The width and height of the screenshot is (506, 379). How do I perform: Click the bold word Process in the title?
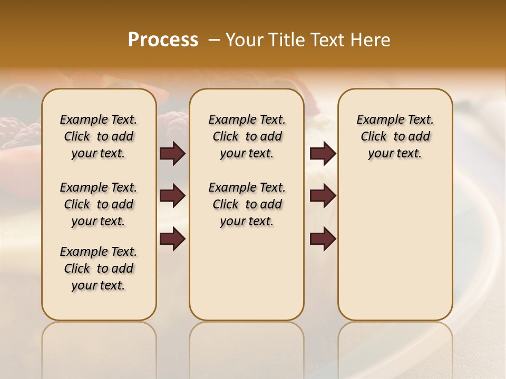click(x=163, y=40)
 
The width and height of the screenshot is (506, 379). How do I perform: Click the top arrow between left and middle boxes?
click(x=172, y=154)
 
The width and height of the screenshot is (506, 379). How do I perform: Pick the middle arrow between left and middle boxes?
click(x=172, y=196)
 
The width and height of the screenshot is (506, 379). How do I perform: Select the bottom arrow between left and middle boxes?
click(x=172, y=239)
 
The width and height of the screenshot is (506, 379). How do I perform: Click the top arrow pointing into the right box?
click(x=323, y=154)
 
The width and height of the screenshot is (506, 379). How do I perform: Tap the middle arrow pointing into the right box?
click(x=323, y=196)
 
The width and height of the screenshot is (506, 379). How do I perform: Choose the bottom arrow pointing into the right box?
click(x=323, y=239)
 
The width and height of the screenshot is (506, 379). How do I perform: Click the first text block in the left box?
click(x=99, y=136)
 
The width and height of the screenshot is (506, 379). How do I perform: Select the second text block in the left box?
click(x=99, y=204)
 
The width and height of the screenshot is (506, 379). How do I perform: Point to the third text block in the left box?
click(x=99, y=268)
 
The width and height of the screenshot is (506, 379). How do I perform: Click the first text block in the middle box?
click(x=247, y=136)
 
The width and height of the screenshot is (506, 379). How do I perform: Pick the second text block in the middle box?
click(x=247, y=204)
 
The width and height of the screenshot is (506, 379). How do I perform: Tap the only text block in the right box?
click(x=395, y=136)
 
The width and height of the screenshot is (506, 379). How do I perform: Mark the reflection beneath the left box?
click(x=99, y=347)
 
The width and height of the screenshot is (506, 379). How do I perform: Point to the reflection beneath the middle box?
click(x=247, y=347)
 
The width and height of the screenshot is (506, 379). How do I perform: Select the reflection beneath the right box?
click(x=395, y=347)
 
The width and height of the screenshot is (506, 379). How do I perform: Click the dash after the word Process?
click(x=214, y=41)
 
